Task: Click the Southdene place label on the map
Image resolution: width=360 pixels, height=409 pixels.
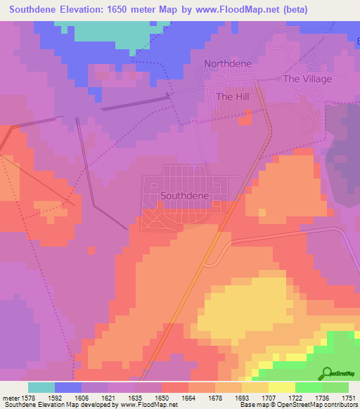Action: (184, 195)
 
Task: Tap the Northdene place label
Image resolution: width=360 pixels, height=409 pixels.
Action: (227, 64)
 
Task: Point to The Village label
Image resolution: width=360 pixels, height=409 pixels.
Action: (307, 79)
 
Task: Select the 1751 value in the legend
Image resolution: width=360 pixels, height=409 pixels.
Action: (349, 397)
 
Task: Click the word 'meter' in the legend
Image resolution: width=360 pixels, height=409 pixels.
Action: (11, 397)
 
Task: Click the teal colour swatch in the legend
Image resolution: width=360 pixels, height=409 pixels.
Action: (41, 387)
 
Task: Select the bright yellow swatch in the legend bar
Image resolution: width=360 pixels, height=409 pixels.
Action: (281, 387)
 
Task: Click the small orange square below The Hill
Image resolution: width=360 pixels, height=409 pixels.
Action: (244, 119)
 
